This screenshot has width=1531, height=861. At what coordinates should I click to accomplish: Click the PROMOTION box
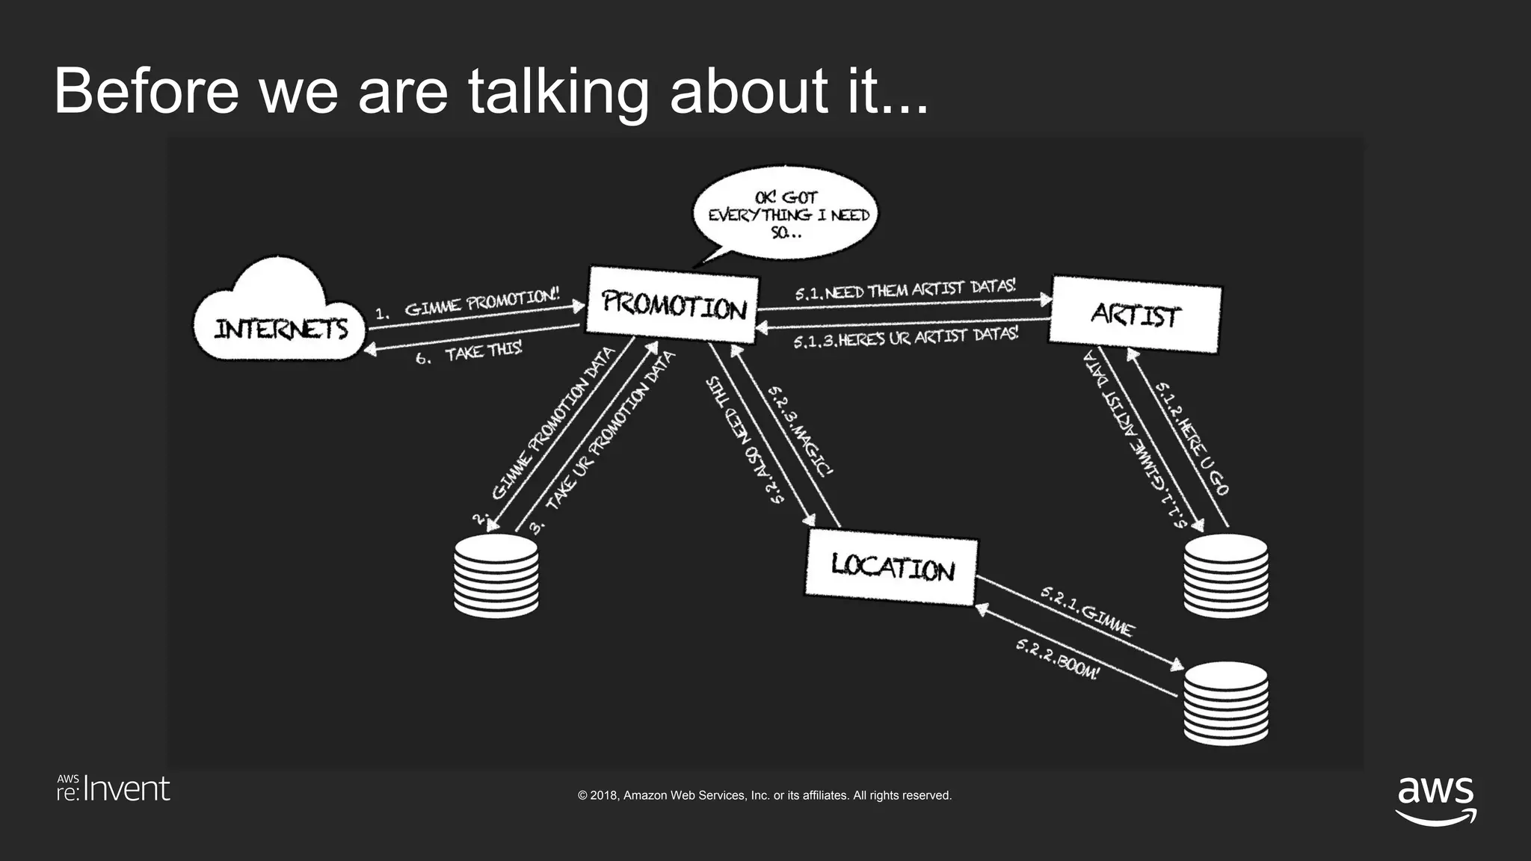coord(673,308)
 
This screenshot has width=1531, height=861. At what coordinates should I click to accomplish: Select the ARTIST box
coord(1135,315)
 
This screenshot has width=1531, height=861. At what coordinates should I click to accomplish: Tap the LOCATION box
coord(892,567)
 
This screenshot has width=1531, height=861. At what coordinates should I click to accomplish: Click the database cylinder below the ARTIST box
coord(1226,575)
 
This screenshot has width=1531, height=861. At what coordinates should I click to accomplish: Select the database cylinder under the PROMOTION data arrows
coord(496,575)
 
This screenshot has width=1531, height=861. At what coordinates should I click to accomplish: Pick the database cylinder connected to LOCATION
coord(1226,703)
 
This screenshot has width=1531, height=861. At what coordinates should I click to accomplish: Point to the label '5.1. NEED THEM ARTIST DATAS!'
coord(905,290)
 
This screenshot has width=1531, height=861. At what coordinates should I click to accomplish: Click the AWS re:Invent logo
coord(114,789)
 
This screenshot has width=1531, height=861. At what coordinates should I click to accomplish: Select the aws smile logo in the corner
coord(1435,800)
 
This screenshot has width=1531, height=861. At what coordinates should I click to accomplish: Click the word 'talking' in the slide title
coord(558,93)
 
